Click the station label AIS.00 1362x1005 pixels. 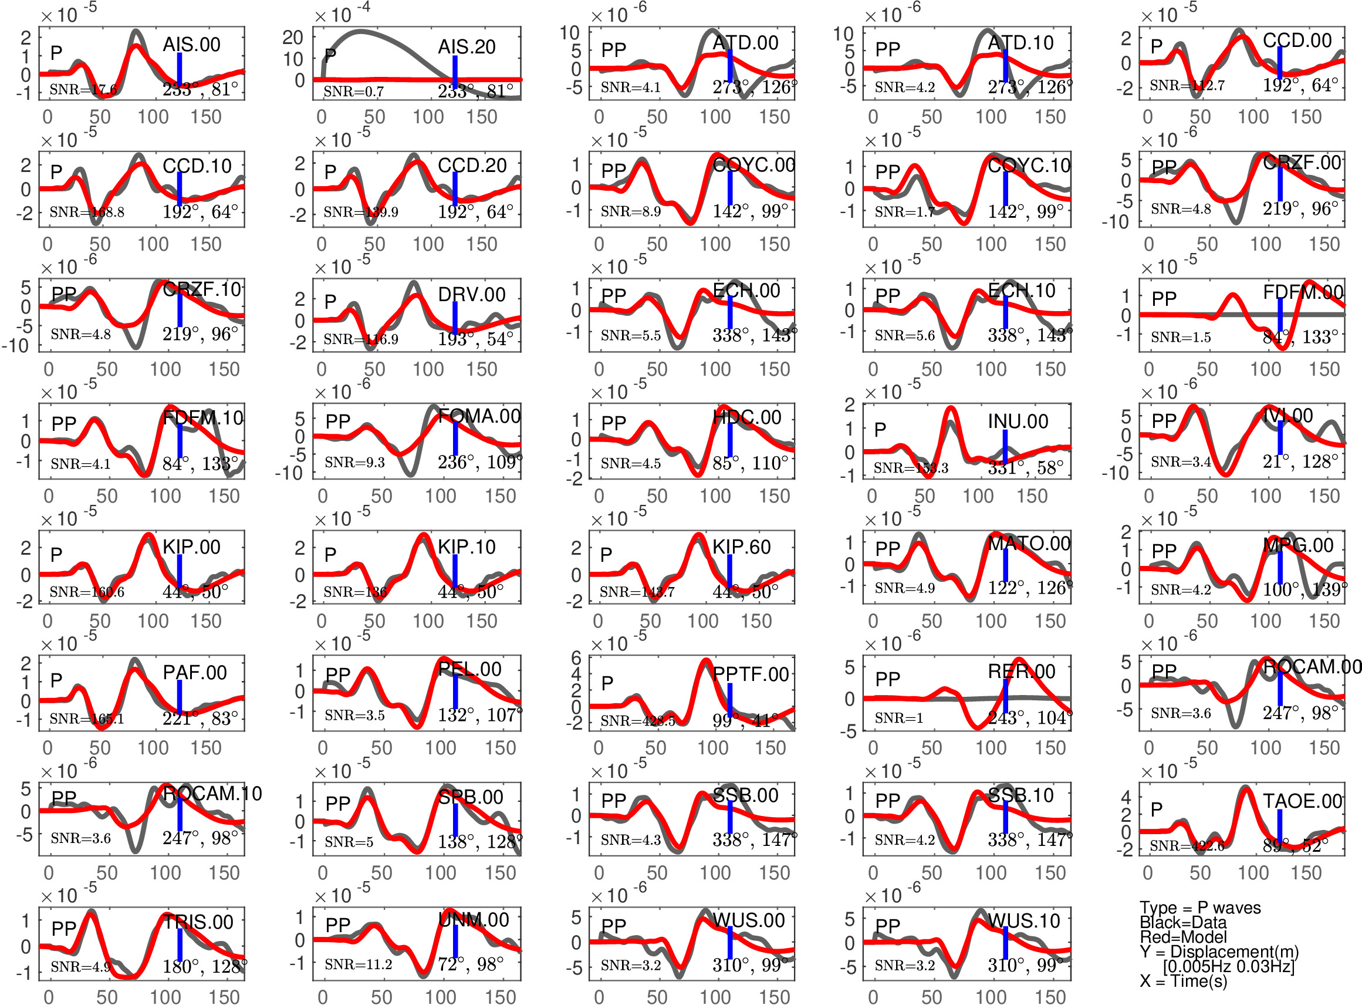(x=191, y=45)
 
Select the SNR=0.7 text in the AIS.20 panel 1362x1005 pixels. (x=353, y=91)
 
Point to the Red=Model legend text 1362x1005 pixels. (x=1182, y=937)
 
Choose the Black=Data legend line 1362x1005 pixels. (x=1182, y=922)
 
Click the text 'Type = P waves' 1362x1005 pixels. (x=1199, y=908)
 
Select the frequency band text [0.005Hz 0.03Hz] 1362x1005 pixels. (x=1228, y=966)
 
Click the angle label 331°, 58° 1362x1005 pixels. (x=1025, y=467)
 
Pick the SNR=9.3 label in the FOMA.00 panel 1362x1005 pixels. (x=354, y=463)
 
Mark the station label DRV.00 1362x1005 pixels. (x=471, y=295)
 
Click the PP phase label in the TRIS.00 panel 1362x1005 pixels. (x=64, y=928)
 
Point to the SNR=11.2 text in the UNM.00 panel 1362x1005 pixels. (x=358, y=964)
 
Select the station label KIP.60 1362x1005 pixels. (x=741, y=547)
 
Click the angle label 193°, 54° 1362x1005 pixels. (x=475, y=339)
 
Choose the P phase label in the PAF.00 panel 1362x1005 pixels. (x=56, y=680)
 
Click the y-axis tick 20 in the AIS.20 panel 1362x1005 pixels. (x=293, y=38)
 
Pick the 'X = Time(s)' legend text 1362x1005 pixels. (x=1182, y=981)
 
